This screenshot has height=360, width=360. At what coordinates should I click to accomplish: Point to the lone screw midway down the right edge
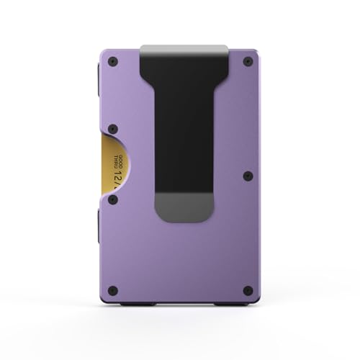247,174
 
